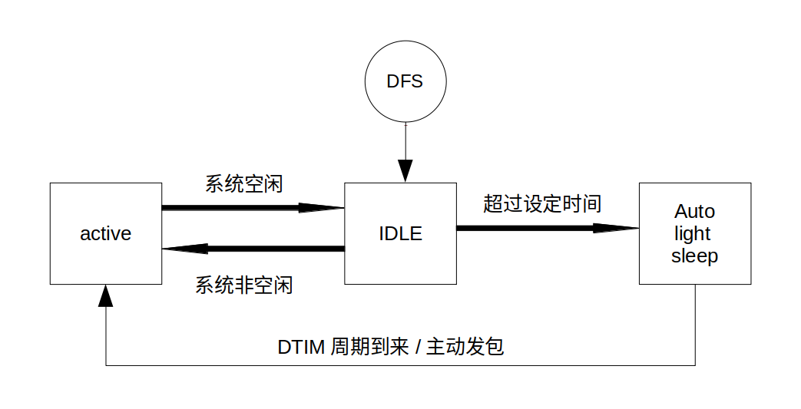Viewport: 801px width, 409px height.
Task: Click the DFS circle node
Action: pyautogui.click(x=405, y=81)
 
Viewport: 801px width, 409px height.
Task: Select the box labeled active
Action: pyautogui.click(x=106, y=233)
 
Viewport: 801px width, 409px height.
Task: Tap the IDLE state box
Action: pyautogui.click(x=400, y=233)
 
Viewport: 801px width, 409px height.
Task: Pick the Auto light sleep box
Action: pyautogui.click(x=695, y=233)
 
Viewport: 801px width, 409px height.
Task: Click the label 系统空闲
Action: pyautogui.click(x=243, y=184)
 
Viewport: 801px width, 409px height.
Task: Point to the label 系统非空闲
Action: pyautogui.click(x=243, y=285)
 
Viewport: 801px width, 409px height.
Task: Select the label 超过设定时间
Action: pyautogui.click(x=541, y=203)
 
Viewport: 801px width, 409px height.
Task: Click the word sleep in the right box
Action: pyautogui.click(x=694, y=256)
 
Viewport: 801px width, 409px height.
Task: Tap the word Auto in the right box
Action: pyautogui.click(x=694, y=211)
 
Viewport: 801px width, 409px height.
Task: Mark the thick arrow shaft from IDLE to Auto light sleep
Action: pyautogui.click(x=530, y=228)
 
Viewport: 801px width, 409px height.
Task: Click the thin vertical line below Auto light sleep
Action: pyautogui.click(x=695, y=322)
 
